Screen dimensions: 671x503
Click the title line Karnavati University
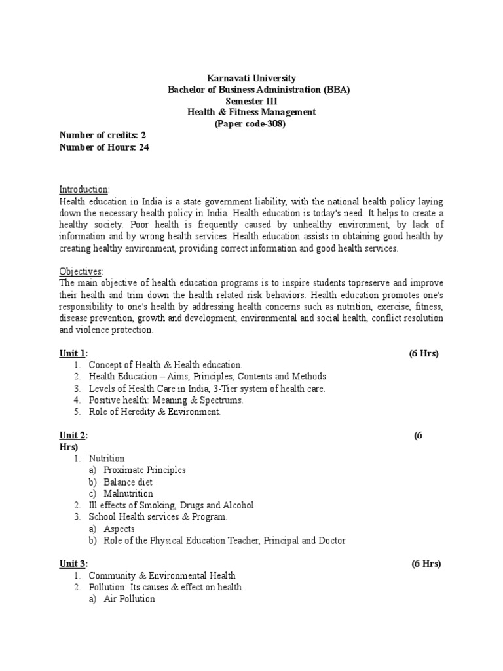point(251,78)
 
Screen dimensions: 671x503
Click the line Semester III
point(251,101)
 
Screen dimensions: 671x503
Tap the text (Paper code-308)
point(251,124)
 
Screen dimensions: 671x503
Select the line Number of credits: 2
point(103,136)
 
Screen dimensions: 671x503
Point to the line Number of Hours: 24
point(105,147)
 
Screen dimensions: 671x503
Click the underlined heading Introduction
point(85,189)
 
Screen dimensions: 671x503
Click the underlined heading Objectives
point(82,271)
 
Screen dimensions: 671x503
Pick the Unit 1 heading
point(73,354)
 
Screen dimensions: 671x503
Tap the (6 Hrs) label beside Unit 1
point(424,354)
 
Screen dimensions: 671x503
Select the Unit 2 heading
point(73,436)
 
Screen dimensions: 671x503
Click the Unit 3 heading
point(73,564)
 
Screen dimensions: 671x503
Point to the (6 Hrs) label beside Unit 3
point(426,564)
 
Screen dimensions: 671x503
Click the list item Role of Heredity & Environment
point(155,412)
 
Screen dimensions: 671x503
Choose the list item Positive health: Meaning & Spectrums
point(166,400)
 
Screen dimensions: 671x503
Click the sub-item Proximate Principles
point(145,470)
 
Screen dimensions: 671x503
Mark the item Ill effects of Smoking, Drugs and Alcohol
point(171,505)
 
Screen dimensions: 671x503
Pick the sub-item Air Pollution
point(130,599)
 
